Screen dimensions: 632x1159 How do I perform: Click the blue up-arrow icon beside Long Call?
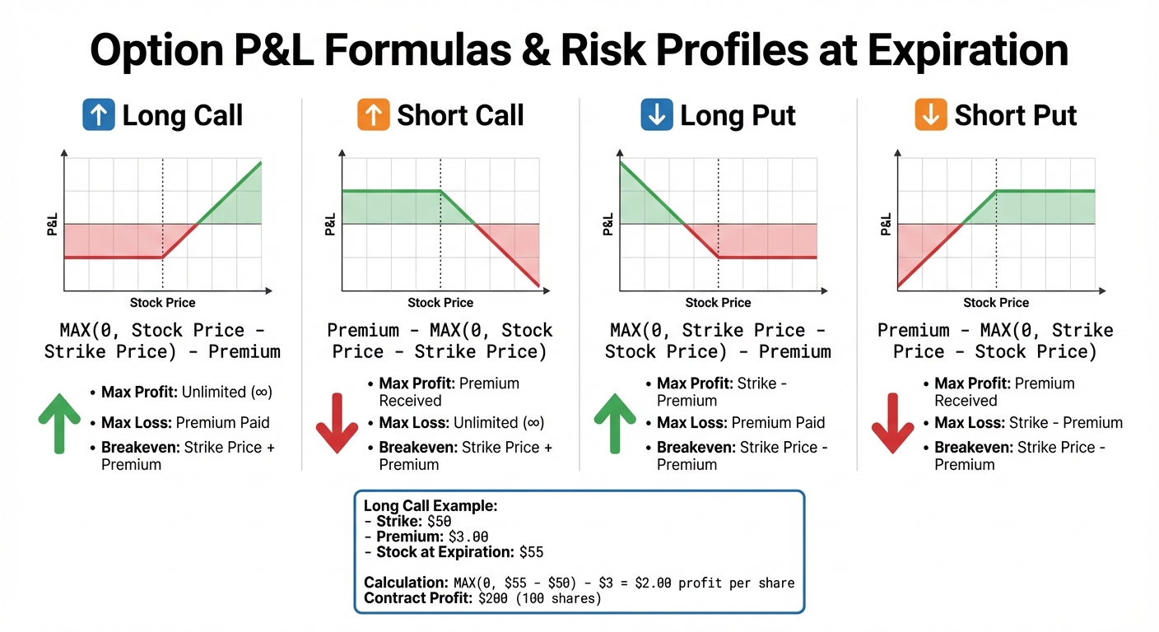point(99,115)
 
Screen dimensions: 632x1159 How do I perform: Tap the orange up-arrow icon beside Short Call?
point(374,115)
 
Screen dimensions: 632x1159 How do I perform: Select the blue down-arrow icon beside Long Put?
point(657,115)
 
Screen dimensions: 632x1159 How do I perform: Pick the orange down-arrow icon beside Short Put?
point(931,115)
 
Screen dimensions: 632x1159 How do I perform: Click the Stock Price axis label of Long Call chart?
point(163,303)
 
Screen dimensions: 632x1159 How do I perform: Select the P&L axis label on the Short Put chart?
point(886,224)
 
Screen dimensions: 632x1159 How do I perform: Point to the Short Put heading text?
point(1015,115)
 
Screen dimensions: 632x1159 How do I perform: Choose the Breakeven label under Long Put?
point(696,448)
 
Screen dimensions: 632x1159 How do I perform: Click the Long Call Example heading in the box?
point(431,506)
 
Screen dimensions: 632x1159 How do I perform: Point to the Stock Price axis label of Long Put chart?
point(718,303)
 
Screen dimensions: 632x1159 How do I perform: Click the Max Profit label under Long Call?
point(139,392)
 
